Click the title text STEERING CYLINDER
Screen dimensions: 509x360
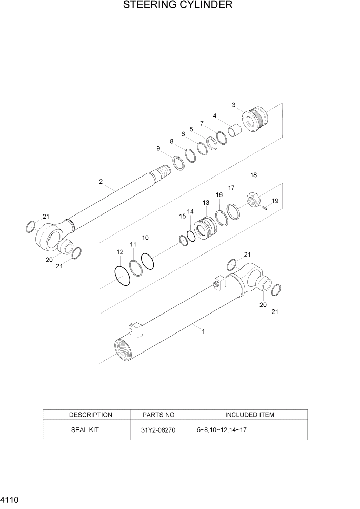click(178, 6)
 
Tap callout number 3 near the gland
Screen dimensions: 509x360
click(234, 105)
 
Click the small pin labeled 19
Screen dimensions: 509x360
click(265, 208)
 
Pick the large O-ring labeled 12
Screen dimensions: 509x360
click(123, 276)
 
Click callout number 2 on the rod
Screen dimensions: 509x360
click(101, 182)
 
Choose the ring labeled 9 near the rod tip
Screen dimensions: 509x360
click(178, 163)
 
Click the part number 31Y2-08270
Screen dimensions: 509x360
click(159, 430)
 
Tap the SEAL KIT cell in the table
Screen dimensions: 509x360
click(85, 430)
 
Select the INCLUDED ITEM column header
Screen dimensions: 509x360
click(250, 415)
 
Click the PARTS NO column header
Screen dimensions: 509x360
click(158, 415)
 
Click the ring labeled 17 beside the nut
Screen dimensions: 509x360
click(233, 211)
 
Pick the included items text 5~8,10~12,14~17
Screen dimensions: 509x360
click(222, 430)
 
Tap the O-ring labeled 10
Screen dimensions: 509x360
click(147, 261)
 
